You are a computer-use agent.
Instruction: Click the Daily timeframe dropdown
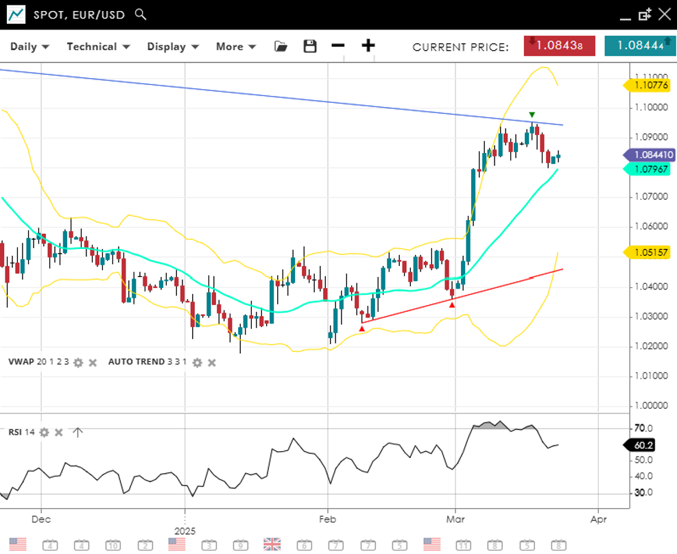coord(29,47)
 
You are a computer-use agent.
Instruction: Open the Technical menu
coord(98,47)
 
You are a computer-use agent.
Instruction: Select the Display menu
coord(173,47)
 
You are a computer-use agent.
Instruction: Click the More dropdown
coord(236,47)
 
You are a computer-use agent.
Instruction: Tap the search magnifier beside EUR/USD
coord(141,14)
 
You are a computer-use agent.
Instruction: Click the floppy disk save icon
coord(310,46)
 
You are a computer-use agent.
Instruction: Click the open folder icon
coord(281,46)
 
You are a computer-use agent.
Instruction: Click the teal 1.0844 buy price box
coord(640,46)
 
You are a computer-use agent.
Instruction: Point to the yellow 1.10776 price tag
coord(647,86)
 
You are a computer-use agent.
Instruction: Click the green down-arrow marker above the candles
coord(532,115)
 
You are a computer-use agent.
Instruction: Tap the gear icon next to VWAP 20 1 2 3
coord(78,362)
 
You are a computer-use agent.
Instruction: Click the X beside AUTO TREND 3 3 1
coord(212,362)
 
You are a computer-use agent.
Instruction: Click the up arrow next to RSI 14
coord(78,432)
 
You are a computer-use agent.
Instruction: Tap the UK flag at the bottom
coord(272,544)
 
